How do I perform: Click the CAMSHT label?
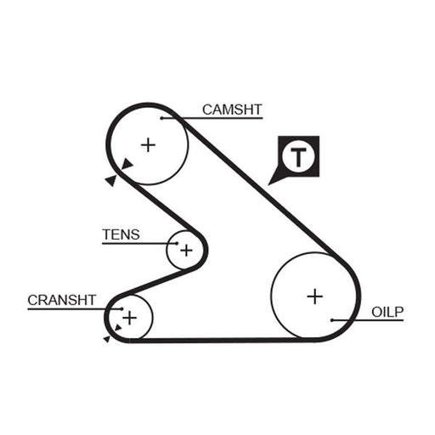pyautogui.click(x=232, y=110)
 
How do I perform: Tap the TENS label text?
pyautogui.click(x=121, y=234)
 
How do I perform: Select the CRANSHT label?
pyautogui.click(x=62, y=300)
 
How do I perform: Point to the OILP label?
pyautogui.click(x=387, y=312)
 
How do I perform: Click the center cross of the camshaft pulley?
pyautogui.click(x=148, y=145)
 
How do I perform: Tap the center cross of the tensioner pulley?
pyautogui.click(x=186, y=251)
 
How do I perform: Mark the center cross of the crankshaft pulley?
pyautogui.click(x=130, y=318)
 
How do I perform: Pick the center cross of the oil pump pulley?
pyautogui.click(x=315, y=297)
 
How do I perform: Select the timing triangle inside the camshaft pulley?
pyautogui.click(x=127, y=164)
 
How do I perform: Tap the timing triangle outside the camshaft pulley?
pyautogui.click(x=111, y=180)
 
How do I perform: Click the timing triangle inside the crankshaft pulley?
pyautogui.click(x=118, y=328)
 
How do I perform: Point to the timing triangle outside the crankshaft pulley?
pyautogui.click(x=107, y=339)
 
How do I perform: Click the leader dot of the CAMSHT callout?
pyautogui.click(x=161, y=118)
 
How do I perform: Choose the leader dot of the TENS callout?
pyautogui.click(x=177, y=243)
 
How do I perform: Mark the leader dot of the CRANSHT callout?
pyautogui.click(x=122, y=309)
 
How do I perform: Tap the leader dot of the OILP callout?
pyautogui.click(x=332, y=320)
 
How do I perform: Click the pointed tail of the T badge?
pyautogui.click(x=268, y=185)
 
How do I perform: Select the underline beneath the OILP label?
pyautogui.click(x=368, y=320)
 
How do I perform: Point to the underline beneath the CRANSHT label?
pyautogui.click(x=75, y=309)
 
